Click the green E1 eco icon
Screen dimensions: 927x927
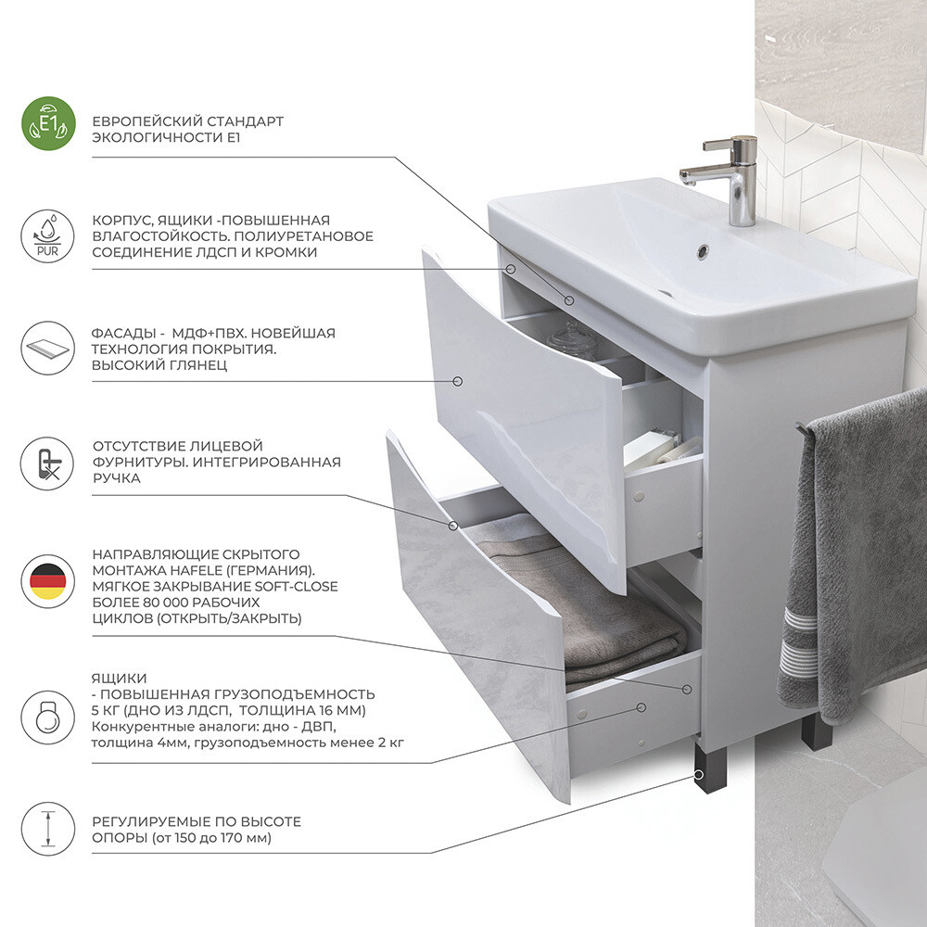(x=48, y=123)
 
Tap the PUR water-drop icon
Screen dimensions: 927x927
(x=48, y=235)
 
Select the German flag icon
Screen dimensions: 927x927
(x=48, y=582)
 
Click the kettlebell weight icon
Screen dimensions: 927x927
(x=48, y=717)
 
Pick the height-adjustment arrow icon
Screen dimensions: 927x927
(x=48, y=829)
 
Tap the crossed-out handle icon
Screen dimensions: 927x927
(x=48, y=463)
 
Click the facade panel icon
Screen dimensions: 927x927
(x=48, y=349)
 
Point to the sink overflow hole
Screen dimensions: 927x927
(x=703, y=250)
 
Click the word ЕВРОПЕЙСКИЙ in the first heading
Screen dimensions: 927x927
(x=140, y=121)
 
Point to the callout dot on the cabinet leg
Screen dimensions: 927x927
(x=699, y=774)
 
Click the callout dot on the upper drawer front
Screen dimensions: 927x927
(x=457, y=381)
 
